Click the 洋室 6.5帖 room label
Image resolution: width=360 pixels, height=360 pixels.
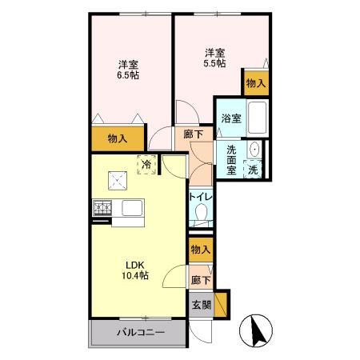tap(126, 70)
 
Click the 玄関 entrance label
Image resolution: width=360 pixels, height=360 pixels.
tap(201, 304)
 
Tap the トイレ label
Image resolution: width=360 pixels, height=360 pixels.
tap(199, 196)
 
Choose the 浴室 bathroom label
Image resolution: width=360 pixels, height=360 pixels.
tap(230, 119)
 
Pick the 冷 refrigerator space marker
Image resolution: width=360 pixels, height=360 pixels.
tap(146, 164)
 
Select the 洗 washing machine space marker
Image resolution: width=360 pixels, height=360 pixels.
tap(253, 169)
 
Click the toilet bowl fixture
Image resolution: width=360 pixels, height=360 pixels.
tap(201, 213)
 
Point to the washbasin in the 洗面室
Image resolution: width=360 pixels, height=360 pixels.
tap(254, 150)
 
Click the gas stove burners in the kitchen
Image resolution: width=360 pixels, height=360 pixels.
tap(103, 210)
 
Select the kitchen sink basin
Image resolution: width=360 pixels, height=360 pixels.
tap(130, 210)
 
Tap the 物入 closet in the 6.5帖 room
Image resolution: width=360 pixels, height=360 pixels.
tap(118, 138)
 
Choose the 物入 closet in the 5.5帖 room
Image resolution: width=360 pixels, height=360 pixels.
tap(255, 82)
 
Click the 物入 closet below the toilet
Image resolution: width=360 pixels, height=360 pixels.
tap(201, 250)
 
